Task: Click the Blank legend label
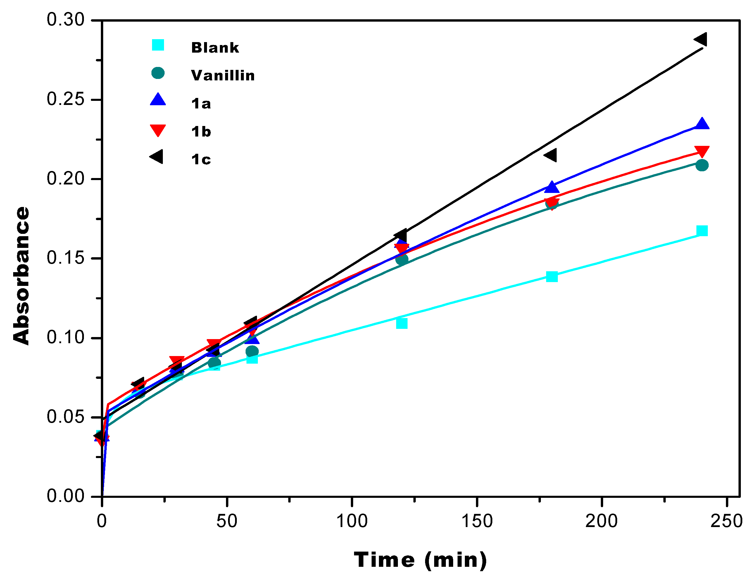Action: coord(215,48)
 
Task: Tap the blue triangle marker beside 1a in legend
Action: coord(158,100)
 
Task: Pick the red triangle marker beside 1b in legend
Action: coord(158,130)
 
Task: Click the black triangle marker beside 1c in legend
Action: coord(156,157)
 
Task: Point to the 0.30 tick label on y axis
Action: coord(65,20)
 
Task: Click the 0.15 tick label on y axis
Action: coord(65,258)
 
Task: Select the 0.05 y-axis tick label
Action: coord(65,417)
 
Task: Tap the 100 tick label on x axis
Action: coord(352,521)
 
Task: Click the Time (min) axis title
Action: coord(420,560)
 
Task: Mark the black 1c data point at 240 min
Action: coord(701,39)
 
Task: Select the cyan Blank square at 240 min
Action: coord(702,231)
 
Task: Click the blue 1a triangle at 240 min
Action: coord(702,124)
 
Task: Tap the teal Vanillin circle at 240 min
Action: coord(702,165)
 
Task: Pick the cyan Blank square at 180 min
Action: coord(552,277)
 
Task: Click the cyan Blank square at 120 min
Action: coord(401,324)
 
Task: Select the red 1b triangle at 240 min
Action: coord(702,151)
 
